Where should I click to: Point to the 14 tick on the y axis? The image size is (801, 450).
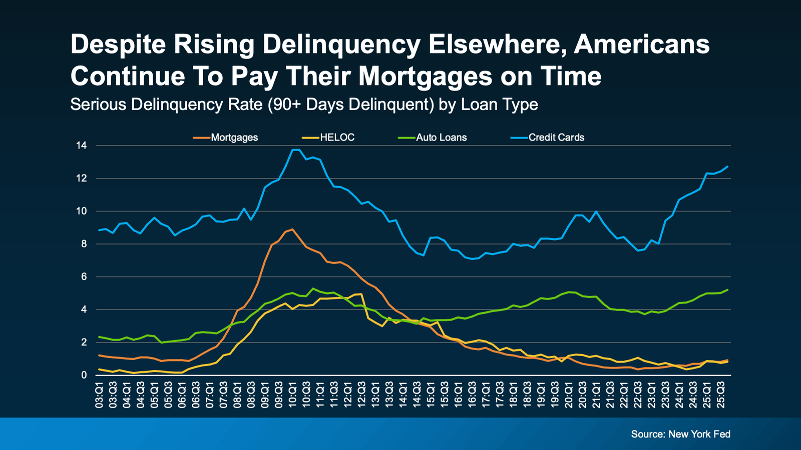[81, 145]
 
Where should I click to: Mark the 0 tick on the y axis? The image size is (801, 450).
[84, 375]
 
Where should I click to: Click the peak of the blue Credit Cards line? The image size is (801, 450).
[295, 149]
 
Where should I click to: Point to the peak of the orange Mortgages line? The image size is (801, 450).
[292, 229]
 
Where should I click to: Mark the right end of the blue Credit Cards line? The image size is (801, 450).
[727, 166]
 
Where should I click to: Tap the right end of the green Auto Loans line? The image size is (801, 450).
[727, 289]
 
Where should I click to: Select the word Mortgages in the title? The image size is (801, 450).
[426, 76]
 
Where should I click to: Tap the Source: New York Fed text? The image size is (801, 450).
[680, 434]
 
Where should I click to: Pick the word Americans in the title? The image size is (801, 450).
[641, 45]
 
